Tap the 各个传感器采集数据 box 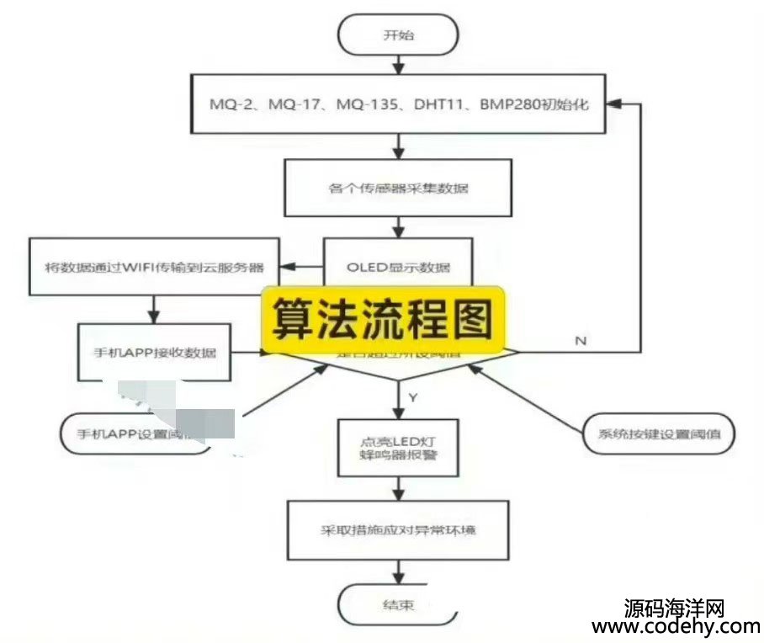click(x=398, y=188)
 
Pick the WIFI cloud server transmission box click(x=155, y=268)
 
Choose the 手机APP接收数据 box click(x=155, y=352)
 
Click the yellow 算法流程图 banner click(x=382, y=318)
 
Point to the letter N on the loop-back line click(x=580, y=340)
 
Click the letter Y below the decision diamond click(x=412, y=396)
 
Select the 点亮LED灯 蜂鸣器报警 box click(x=398, y=449)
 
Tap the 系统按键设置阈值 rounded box click(x=658, y=434)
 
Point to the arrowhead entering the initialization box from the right click(x=614, y=104)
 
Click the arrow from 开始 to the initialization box click(x=398, y=66)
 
